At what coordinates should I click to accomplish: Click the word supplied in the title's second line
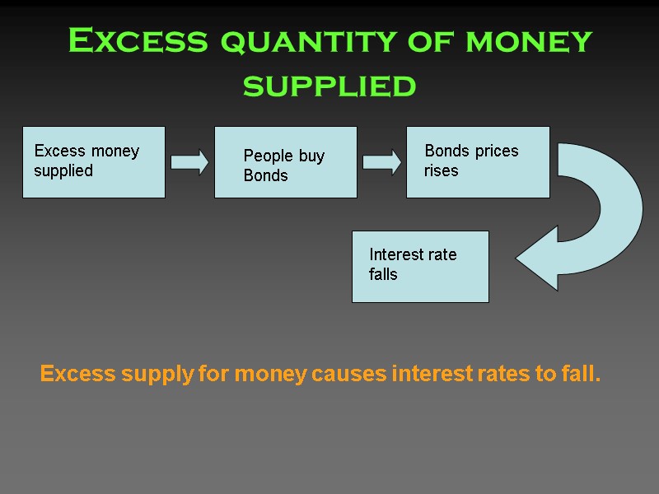click(x=329, y=85)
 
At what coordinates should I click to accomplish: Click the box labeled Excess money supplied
click(x=93, y=162)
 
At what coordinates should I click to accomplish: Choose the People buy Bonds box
click(x=285, y=162)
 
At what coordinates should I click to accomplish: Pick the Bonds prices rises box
click(x=478, y=162)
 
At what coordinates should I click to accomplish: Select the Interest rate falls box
click(x=420, y=266)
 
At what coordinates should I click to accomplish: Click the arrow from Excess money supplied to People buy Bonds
click(x=189, y=161)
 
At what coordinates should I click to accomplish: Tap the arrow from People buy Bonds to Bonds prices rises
click(x=381, y=161)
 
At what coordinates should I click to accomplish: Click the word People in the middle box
click(x=264, y=156)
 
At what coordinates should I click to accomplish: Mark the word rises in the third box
click(x=442, y=171)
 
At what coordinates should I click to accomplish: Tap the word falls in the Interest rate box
click(x=383, y=275)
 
